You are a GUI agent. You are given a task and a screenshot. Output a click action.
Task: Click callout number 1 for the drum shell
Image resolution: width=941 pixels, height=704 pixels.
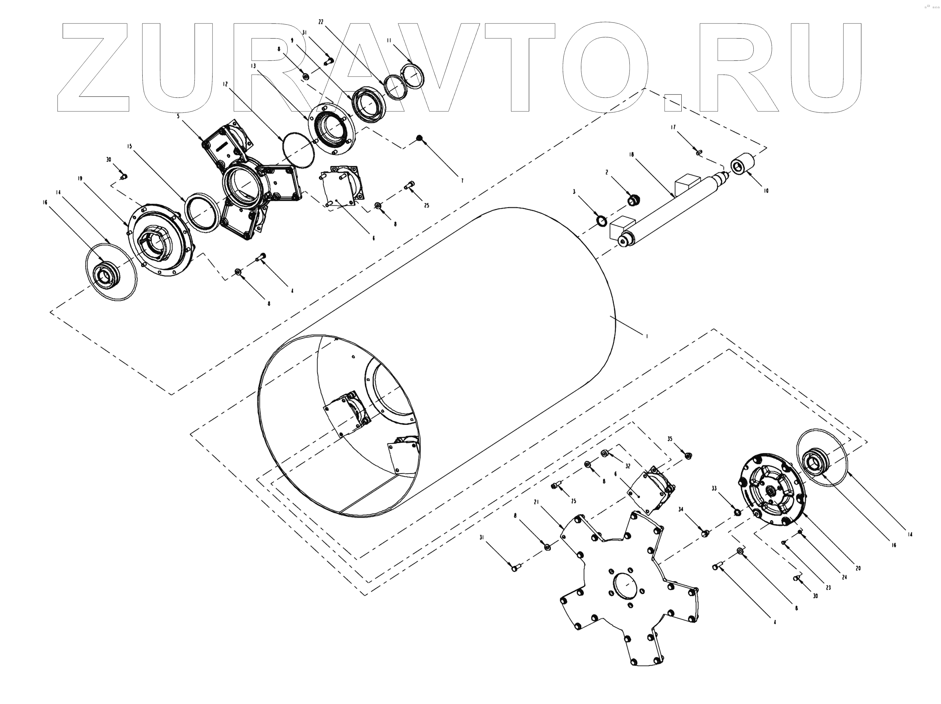tap(647, 336)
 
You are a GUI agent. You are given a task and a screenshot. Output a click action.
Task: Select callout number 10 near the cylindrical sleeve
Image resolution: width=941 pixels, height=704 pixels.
tap(766, 191)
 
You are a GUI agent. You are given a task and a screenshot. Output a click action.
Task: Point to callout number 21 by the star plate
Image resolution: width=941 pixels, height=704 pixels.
tap(536, 502)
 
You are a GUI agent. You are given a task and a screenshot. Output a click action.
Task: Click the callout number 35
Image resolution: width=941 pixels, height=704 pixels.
tap(670, 439)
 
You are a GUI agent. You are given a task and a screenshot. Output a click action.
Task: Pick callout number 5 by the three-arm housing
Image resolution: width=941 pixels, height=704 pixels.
tap(178, 116)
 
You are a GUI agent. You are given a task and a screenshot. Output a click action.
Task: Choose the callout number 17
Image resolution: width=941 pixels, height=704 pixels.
tap(673, 127)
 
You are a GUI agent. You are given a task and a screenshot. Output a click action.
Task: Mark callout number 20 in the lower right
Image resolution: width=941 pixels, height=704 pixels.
tap(858, 568)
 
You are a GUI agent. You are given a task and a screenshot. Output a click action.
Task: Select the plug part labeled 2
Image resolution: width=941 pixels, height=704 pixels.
tap(634, 199)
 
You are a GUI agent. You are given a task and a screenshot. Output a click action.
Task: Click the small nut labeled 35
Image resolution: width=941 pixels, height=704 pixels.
tap(688, 455)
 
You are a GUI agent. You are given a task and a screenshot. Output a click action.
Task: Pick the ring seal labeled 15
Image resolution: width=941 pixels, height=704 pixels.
tap(203, 213)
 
